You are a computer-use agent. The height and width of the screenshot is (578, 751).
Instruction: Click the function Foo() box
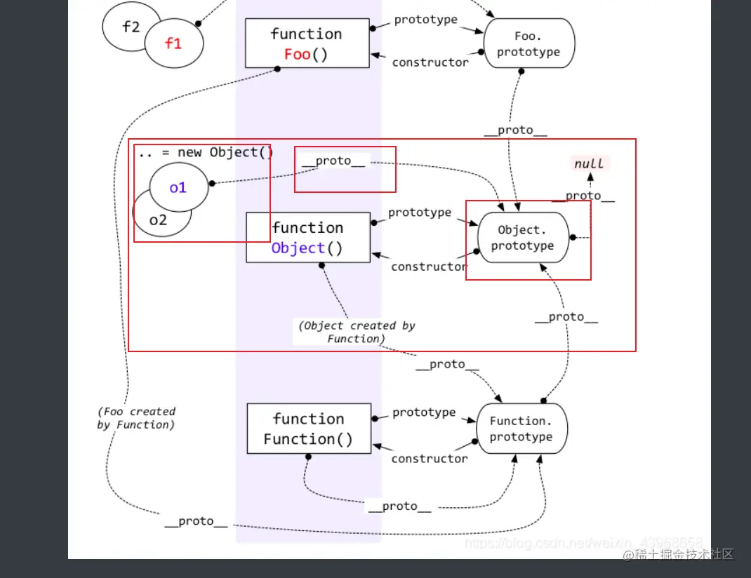pos(307,43)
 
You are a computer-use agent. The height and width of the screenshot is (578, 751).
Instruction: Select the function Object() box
pos(307,238)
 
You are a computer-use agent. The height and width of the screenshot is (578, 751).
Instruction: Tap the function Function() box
pos(308,429)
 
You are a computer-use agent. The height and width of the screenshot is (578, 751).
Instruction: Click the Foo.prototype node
pos(529,43)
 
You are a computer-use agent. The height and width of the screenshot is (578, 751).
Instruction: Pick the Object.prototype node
pos(522,238)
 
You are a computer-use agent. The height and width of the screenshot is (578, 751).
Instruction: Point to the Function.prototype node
pos(521,429)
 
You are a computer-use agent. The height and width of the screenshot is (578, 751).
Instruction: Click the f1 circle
pos(174,43)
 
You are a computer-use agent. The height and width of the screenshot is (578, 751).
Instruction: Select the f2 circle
pos(131,27)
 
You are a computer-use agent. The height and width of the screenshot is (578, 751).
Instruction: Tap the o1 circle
pos(178,187)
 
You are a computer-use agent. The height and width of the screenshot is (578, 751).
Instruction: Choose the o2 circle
pos(159,220)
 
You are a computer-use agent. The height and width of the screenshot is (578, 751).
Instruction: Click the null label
pos(589,163)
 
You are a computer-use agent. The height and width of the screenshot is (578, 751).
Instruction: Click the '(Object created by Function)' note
pos(357,332)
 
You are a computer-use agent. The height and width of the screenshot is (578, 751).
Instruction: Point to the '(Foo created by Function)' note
pos(136,418)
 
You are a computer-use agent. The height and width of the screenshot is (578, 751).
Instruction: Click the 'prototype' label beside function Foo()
pos(425,20)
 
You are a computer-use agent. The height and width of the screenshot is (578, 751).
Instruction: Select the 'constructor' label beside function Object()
pos(429,267)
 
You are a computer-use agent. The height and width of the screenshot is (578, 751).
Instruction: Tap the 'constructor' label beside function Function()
pos(429,459)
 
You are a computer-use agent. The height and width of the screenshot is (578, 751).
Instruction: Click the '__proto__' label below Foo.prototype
pos(515,130)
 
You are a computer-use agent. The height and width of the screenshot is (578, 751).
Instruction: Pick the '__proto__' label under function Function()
pos(399,506)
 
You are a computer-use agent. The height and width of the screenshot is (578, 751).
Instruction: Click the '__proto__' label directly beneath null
pos(583,196)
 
